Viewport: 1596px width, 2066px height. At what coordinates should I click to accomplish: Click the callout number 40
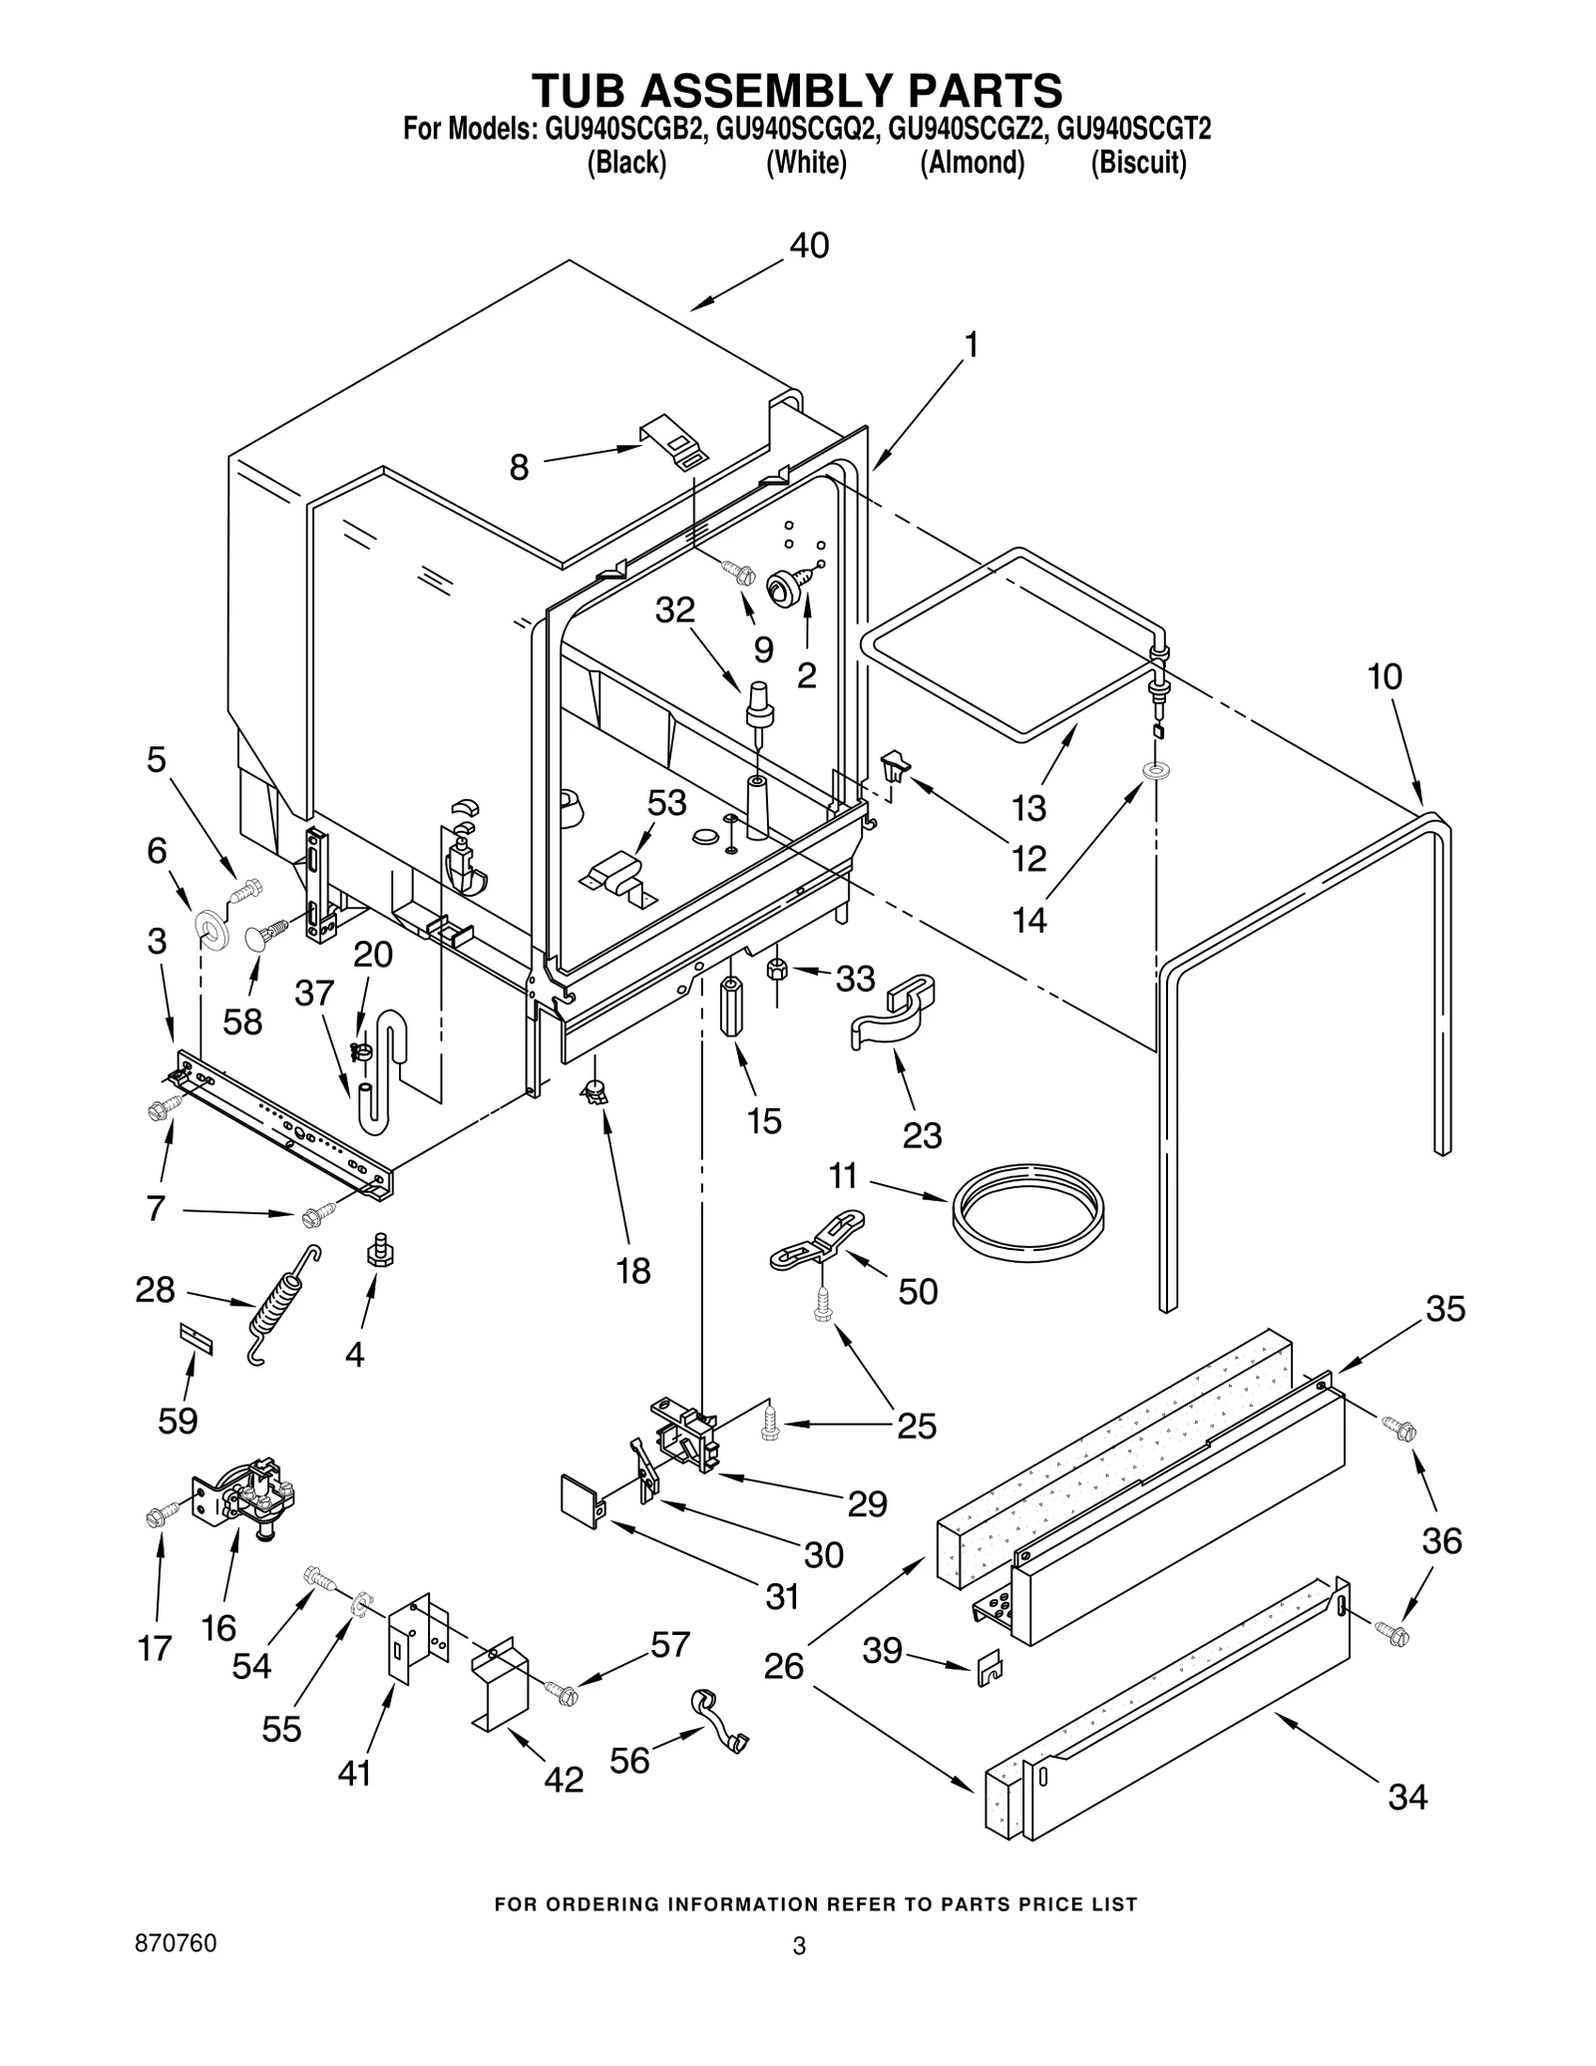809,245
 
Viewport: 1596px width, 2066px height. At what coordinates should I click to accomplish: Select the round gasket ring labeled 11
1027,1214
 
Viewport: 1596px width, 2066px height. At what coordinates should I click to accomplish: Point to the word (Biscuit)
1138,163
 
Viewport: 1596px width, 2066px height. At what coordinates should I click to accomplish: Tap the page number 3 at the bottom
798,1946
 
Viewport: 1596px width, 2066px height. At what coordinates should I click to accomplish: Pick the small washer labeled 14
1157,771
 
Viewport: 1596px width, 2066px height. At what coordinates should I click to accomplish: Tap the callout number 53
666,802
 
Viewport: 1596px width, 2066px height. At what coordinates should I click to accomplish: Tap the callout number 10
1385,676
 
